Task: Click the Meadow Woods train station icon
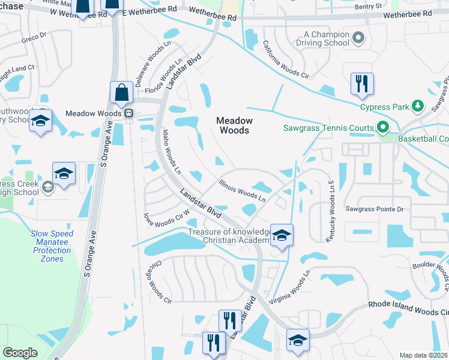[x=128, y=113]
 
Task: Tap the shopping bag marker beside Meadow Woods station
[x=121, y=94]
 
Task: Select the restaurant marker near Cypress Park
[x=362, y=84]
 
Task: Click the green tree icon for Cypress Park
[x=418, y=107]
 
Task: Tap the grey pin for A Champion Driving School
[x=358, y=38]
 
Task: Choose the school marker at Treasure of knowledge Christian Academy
[x=281, y=235]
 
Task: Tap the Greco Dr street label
[x=34, y=37]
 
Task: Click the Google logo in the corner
[x=20, y=353]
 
